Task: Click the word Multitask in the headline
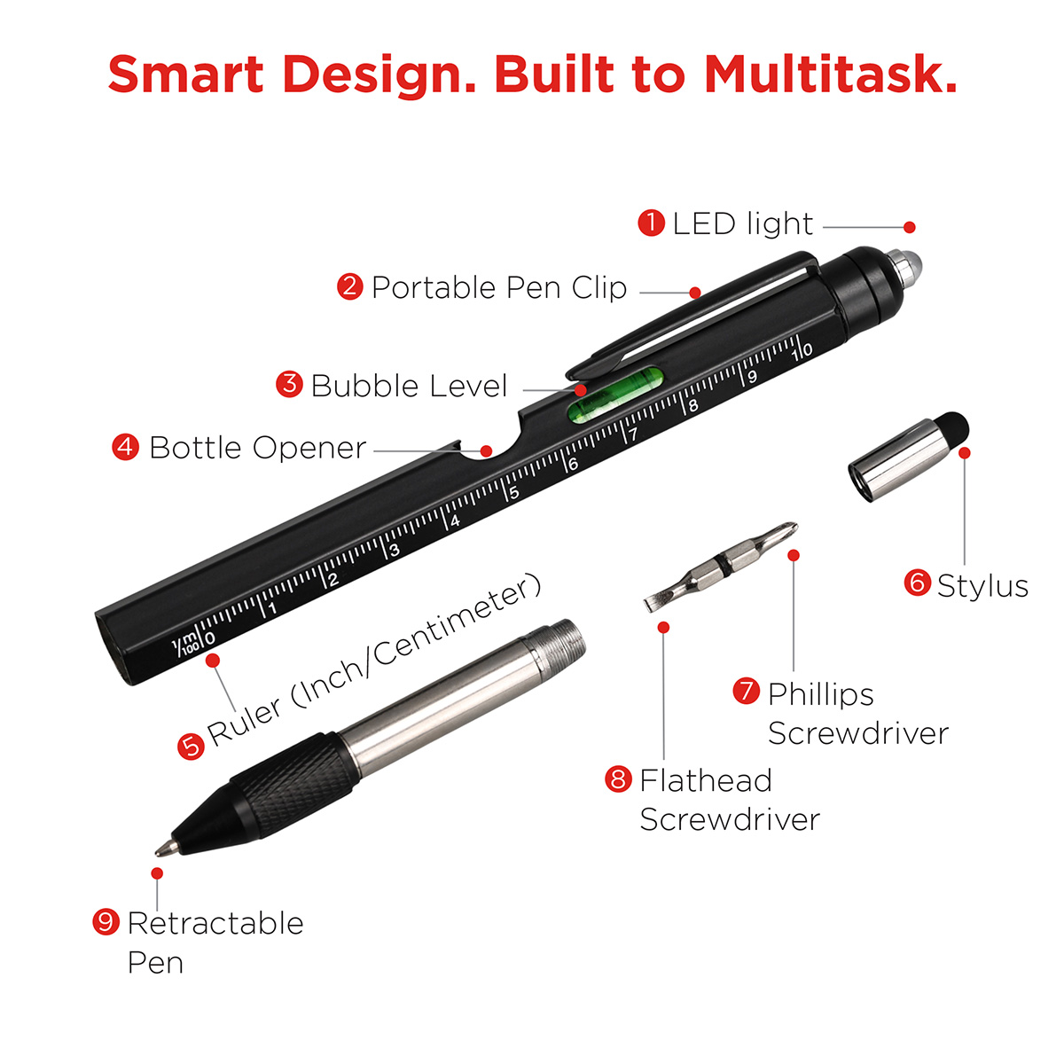[x=830, y=74]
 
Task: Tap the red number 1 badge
[x=652, y=223]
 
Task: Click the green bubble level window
[x=615, y=394]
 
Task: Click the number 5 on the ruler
[x=514, y=492]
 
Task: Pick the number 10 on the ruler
[x=802, y=351]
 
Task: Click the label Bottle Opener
[x=258, y=448]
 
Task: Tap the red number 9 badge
[x=106, y=921]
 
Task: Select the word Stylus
[x=982, y=587]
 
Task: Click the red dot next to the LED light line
[x=910, y=227]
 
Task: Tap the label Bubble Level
[x=409, y=386]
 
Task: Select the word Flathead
[x=706, y=781]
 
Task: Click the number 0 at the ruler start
[x=210, y=638]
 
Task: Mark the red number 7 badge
[x=747, y=691]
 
